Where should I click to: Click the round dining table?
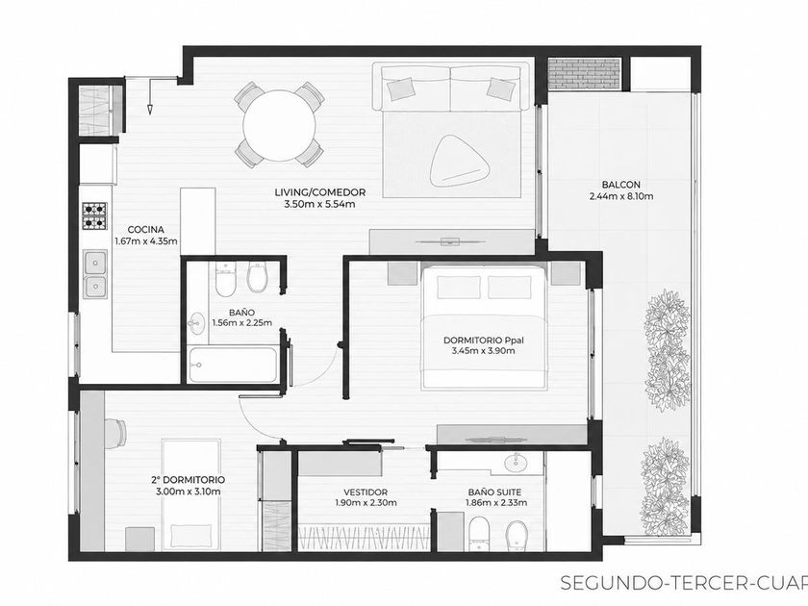[279, 125]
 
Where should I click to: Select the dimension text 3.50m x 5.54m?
[319, 204]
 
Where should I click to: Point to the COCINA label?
[146, 229]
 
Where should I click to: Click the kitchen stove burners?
[95, 215]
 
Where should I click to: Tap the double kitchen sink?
[95, 273]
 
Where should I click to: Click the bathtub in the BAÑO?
[233, 365]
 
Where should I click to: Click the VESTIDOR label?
[366, 492]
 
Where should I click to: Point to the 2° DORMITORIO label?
[189, 480]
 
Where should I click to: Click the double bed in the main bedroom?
[484, 327]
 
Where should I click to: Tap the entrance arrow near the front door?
[150, 96]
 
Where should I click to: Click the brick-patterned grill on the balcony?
[585, 73]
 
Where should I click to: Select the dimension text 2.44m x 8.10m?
[621, 196]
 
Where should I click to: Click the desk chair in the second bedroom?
[115, 433]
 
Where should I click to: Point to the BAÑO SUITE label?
[494, 492]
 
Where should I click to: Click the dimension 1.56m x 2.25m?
[242, 323]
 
